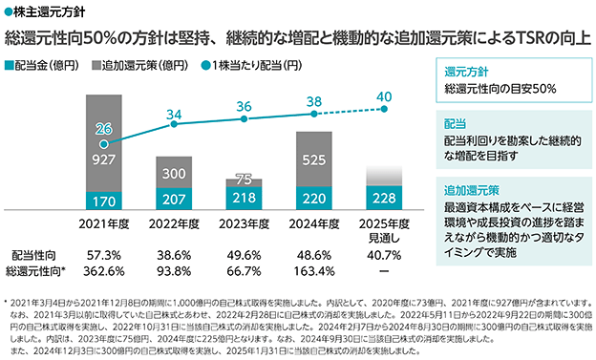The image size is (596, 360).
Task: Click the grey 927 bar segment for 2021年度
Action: (x=104, y=143)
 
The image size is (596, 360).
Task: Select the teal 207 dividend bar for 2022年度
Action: (x=174, y=199)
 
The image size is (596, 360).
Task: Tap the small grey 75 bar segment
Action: (x=244, y=182)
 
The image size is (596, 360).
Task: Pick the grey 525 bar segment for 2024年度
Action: (x=314, y=159)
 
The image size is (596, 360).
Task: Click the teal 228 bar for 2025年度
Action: (x=384, y=198)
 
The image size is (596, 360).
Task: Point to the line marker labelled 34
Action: (x=174, y=124)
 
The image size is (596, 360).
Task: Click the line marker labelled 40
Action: (x=384, y=109)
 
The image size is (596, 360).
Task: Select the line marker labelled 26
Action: (x=103, y=144)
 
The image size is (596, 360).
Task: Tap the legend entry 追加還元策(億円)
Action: (x=139, y=65)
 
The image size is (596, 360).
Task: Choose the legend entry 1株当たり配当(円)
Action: (x=251, y=65)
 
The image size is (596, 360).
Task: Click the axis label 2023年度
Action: (x=244, y=223)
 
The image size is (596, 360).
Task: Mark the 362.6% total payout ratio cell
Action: (x=104, y=271)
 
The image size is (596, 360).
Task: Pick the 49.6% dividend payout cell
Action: (x=244, y=255)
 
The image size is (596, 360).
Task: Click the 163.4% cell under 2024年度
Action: (x=314, y=271)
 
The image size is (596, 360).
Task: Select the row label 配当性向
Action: (x=33, y=255)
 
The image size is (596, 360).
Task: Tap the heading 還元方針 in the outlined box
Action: (x=466, y=72)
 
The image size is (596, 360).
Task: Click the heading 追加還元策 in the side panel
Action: (x=472, y=190)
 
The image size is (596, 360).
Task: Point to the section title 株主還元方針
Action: (x=49, y=11)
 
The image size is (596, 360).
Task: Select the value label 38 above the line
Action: (x=314, y=101)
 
